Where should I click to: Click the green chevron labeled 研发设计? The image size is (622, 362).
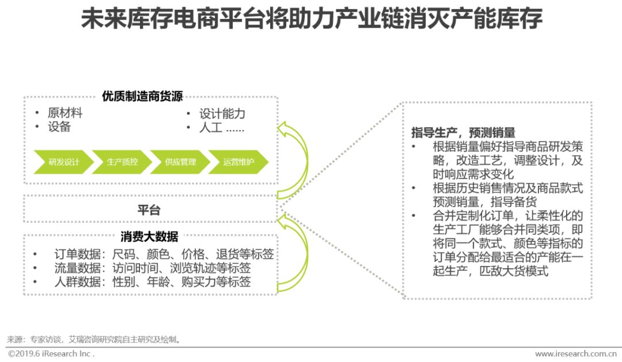coord(64,162)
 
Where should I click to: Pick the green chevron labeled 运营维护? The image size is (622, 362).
coord(238,162)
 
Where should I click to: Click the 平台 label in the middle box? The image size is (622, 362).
coord(149,209)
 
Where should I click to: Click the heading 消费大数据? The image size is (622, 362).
coord(149,236)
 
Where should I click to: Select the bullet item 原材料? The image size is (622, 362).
coord(65,113)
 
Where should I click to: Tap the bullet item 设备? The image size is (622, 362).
coord(59,127)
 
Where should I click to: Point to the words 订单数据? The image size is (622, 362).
coord(77,254)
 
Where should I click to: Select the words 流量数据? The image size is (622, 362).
coord(77,268)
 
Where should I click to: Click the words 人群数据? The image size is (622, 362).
coord(77,283)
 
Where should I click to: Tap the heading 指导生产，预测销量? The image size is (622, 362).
coord(463,132)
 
